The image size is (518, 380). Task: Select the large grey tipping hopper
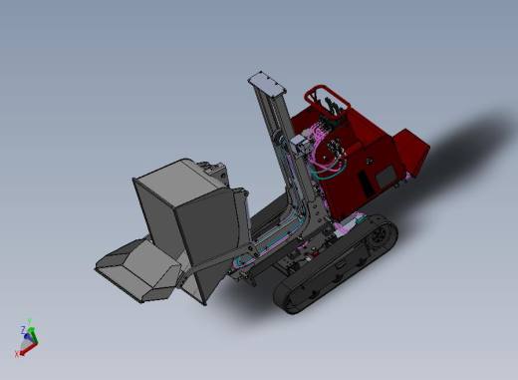(x=189, y=214)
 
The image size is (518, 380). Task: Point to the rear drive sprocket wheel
(x=384, y=233)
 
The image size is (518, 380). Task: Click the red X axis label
(x=17, y=353)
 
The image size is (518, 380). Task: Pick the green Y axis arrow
(x=31, y=324)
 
